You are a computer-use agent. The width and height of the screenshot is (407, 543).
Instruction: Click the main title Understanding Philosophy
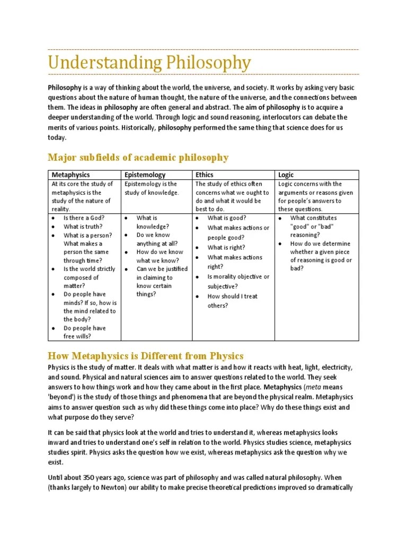(149, 63)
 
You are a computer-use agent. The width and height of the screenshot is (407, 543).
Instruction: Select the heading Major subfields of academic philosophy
(138, 157)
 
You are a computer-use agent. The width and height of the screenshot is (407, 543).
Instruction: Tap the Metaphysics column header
(70, 174)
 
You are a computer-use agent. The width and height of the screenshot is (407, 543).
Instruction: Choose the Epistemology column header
(145, 174)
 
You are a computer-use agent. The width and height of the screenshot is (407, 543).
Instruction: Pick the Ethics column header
(205, 174)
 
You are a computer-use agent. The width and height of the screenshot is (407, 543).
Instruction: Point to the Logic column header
(286, 174)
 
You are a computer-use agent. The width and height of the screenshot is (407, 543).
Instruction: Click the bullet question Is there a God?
(84, 218)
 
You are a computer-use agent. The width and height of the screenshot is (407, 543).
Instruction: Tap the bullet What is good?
(227, 218)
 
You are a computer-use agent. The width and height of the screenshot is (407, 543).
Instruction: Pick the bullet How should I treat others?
(232, 301)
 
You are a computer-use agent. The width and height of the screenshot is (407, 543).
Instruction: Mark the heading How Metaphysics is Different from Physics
(145, 355)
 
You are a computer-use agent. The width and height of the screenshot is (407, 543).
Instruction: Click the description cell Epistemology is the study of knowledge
(152, 188)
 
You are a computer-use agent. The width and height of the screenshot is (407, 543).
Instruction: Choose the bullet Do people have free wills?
(85, 332)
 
